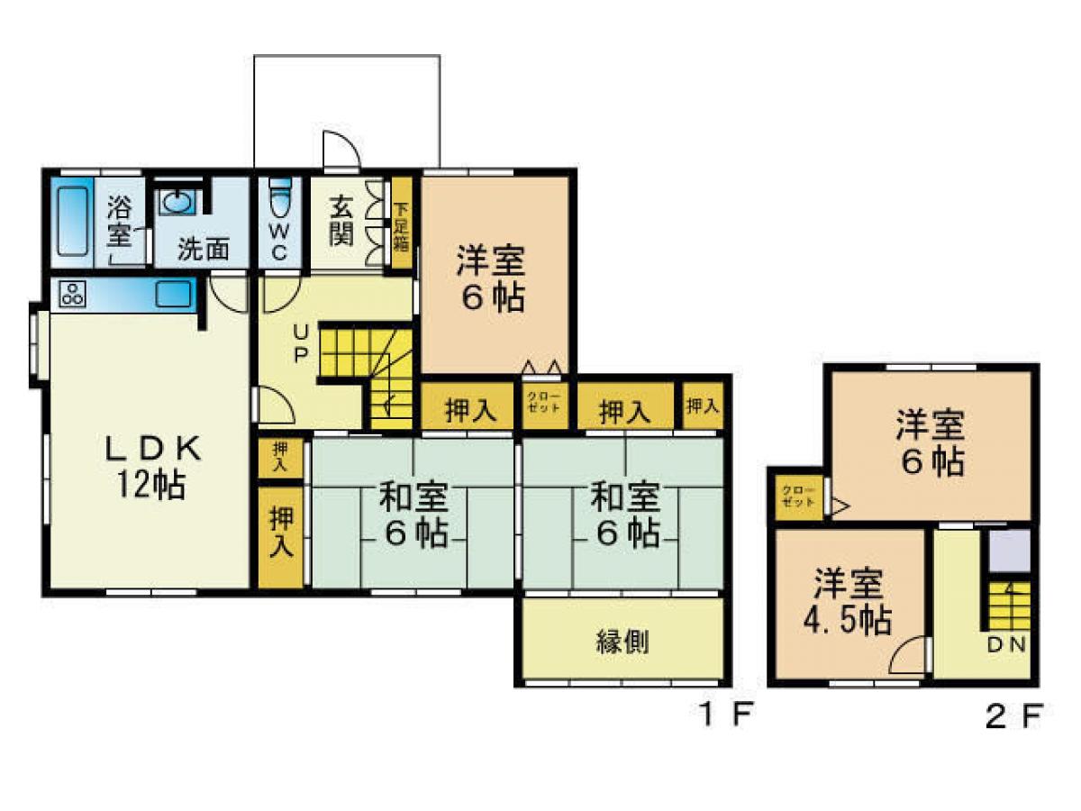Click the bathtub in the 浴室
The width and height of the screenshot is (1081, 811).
(72, 221)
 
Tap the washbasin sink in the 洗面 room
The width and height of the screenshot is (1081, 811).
(177, 202)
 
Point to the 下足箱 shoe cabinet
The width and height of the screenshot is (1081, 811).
(401, 223)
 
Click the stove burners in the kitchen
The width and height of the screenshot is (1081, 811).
(72, 293)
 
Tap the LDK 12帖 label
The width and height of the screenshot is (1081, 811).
(149, 467)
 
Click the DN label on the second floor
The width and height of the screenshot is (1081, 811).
(1006, 644)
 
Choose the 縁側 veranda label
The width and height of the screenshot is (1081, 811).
(622, 642)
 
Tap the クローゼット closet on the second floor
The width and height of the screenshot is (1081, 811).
(798, 499)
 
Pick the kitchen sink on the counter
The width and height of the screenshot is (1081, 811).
(172, 294)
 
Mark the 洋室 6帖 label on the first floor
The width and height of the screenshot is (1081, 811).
(491, 278)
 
